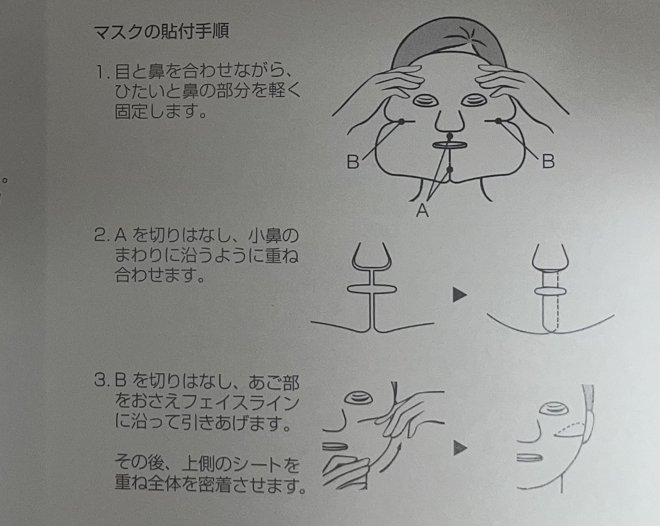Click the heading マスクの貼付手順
coord(162,32)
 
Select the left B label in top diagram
coord(353,161)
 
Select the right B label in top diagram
coord(547,161)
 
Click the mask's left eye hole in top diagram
coord(424,101)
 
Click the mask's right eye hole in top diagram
coord(474,101)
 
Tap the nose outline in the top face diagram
coord(449,122)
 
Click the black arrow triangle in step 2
coord(460,295)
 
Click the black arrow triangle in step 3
coord(460,449)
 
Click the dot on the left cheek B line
coord(401,122)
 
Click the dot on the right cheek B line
coord(498,122)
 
